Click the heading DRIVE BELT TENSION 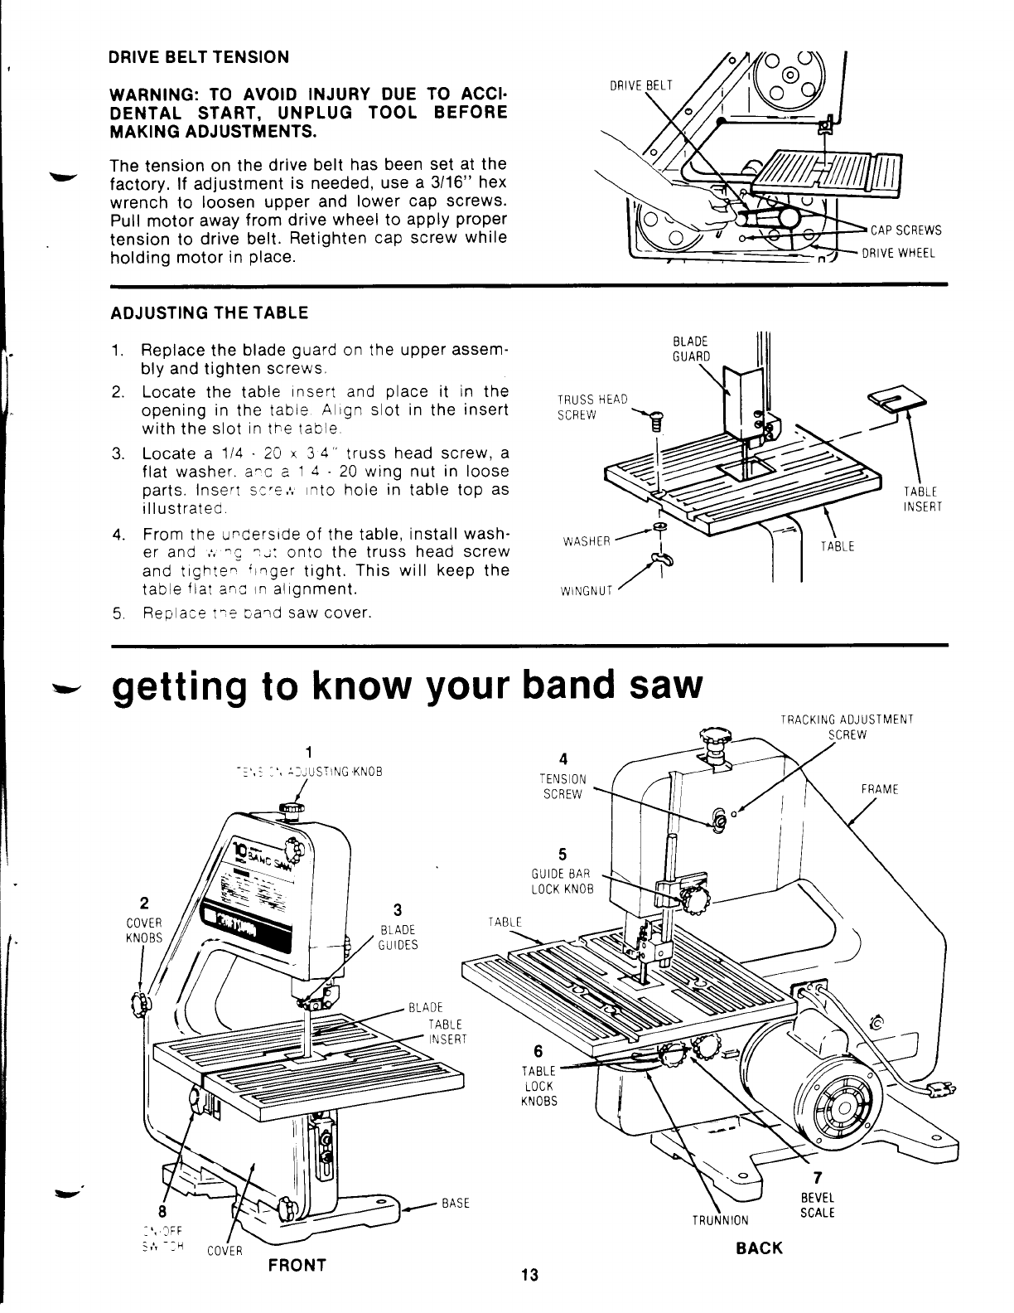pyautogui.click(x=199, y=57)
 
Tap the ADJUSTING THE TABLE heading pyautogui.click(x=209, y=313)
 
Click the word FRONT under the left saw pyautogui.click(x=297, y=1265)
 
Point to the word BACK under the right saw pyautogui.click(x=759, y=1248)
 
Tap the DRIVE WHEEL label pyautogui.click(x=899, y=254)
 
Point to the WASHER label pyautogui.click(x=587, y=541)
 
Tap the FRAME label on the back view pyautogui.click(x=880, y=789)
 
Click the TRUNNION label pyautogui.click(x=721, y=1219)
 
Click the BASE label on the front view pyautogui.click(x=456, y=1203)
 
